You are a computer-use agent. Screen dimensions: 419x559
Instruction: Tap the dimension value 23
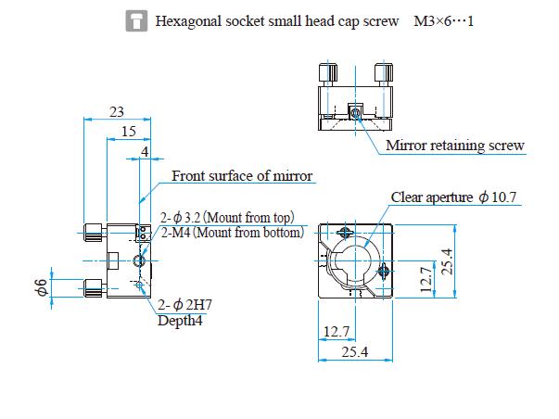pyautogui.click(x=116, y=111)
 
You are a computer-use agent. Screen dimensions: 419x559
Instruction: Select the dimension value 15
pyautogui.click(x=128, y=133)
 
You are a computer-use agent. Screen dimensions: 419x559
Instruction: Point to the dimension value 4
pyautogui.click(x=144, y=150)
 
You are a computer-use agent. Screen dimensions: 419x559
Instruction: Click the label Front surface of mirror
pyautogui.click(x=243, y=176)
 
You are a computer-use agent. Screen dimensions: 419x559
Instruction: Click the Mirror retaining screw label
pyautogui.click(x=455, y=146)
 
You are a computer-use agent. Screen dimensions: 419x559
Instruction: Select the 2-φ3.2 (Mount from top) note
pyautogui.click(x=227, y=218)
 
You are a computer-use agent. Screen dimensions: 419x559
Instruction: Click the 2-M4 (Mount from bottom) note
pyautogui.click(x=232, y=233)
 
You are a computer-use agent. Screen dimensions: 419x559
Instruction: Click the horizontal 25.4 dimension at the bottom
pyautogui.click(x=356, y=352)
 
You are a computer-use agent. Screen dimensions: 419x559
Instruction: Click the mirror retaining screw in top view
pyautogui.click(x=356, y=112)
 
